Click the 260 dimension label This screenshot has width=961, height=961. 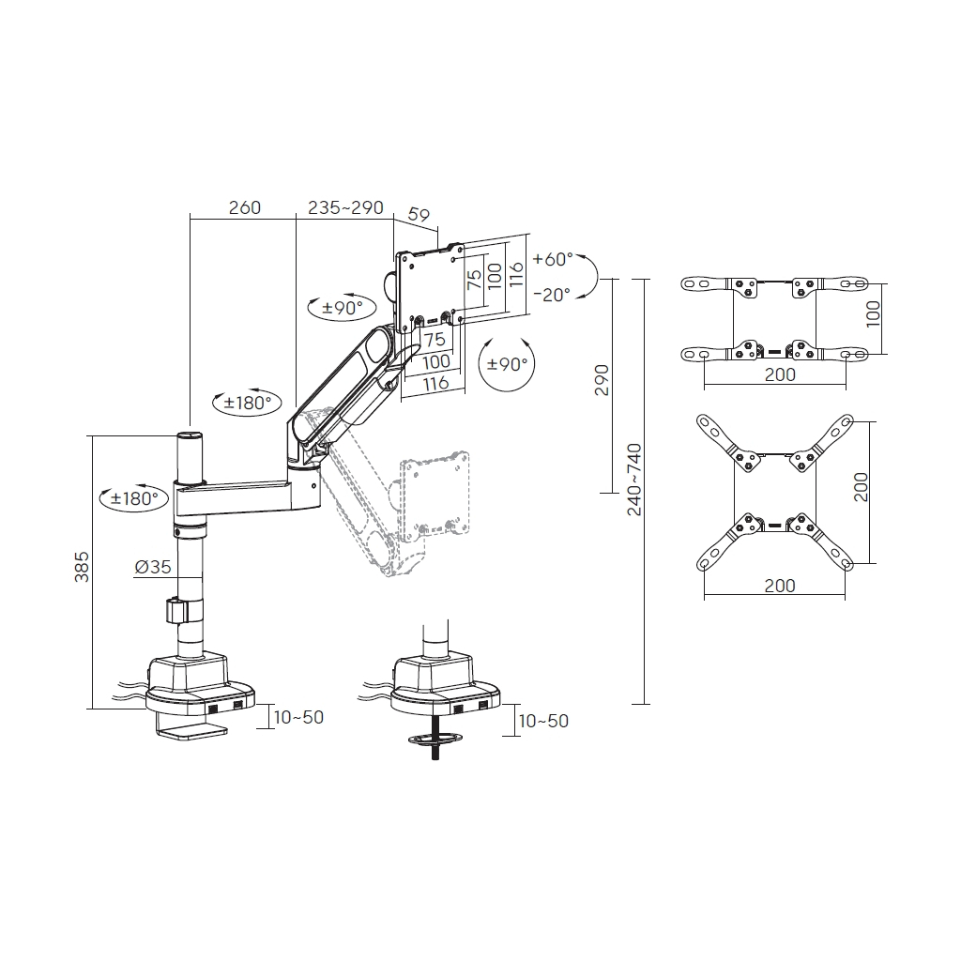(245, 207)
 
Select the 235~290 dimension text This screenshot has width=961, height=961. (345, 207)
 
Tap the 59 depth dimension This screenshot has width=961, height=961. (419, 215)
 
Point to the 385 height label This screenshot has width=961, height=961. (83, 567)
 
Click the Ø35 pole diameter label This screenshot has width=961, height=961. (153, 567)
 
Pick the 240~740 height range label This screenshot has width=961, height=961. (634, 480)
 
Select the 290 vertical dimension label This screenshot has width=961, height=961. (603, 380)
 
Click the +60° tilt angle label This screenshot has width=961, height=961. (552, 259)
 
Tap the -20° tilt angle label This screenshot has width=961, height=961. (552, 295)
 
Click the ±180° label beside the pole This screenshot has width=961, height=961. (134, 498)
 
